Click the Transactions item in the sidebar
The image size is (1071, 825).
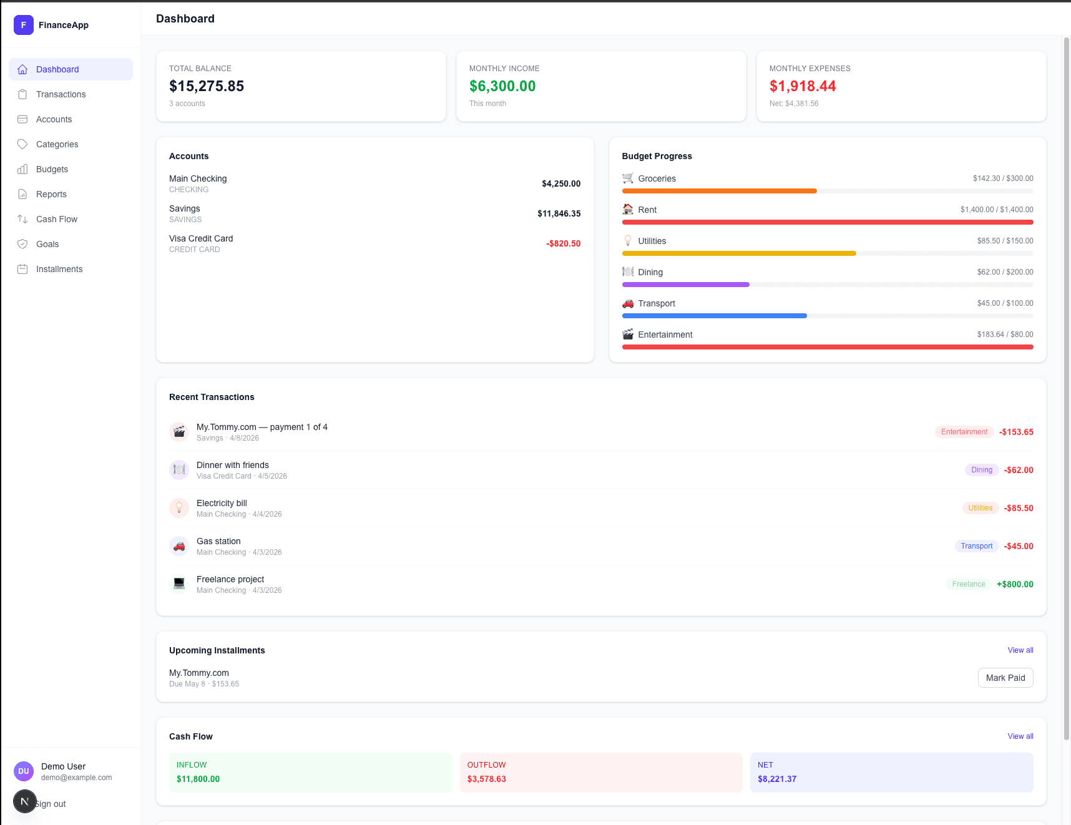click(61, 94)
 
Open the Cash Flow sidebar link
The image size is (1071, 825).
click(56, 219)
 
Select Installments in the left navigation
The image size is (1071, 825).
click(59, 269)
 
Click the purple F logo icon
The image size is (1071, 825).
click(24, 25)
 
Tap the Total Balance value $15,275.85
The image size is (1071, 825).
click(207, 86)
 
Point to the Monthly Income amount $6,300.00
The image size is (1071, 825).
click(502, 86)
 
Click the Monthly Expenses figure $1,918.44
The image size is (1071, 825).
click(803, 86)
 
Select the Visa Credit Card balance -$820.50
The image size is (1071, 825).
click(563, 243)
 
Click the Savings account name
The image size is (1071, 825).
click(185, 208)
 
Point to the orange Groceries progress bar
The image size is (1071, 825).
click(719, 191)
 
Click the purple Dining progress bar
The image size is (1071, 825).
click(685, 285)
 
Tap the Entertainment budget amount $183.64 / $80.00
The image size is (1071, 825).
click(1005, 334)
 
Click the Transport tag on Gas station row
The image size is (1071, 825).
click(976, 546)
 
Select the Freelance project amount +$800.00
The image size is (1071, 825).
click(1015, 584)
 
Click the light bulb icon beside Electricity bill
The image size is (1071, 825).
click(179, 508)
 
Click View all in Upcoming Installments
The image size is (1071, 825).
click(1020, 650)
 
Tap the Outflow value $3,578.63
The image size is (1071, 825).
click(487, 779)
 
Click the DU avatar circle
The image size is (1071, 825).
click(24, 771)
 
